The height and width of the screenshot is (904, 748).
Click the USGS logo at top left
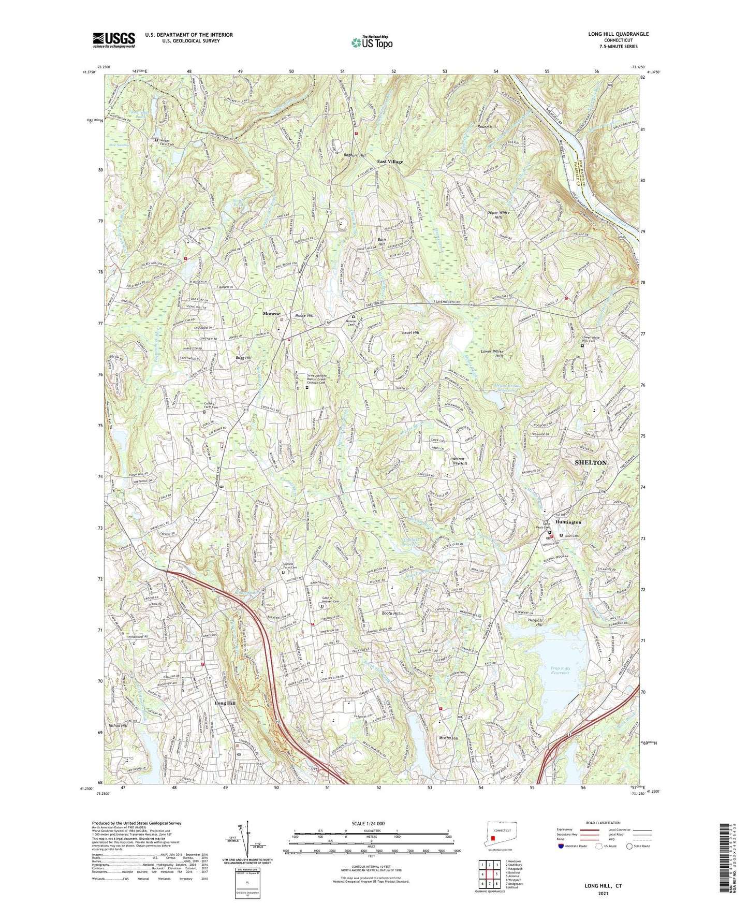click(114, 39)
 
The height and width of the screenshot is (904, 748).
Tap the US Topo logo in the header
click(371, 42)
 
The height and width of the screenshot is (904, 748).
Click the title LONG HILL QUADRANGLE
click(618, 34)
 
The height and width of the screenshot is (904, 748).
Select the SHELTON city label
click(591, 462)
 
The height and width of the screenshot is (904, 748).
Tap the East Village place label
click(390, 162)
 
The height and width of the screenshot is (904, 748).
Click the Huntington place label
click(568, 522)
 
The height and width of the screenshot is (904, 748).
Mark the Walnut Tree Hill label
click(460, 461)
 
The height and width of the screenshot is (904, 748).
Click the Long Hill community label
click(225, 703)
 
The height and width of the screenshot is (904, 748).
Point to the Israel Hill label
click(410, 332)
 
